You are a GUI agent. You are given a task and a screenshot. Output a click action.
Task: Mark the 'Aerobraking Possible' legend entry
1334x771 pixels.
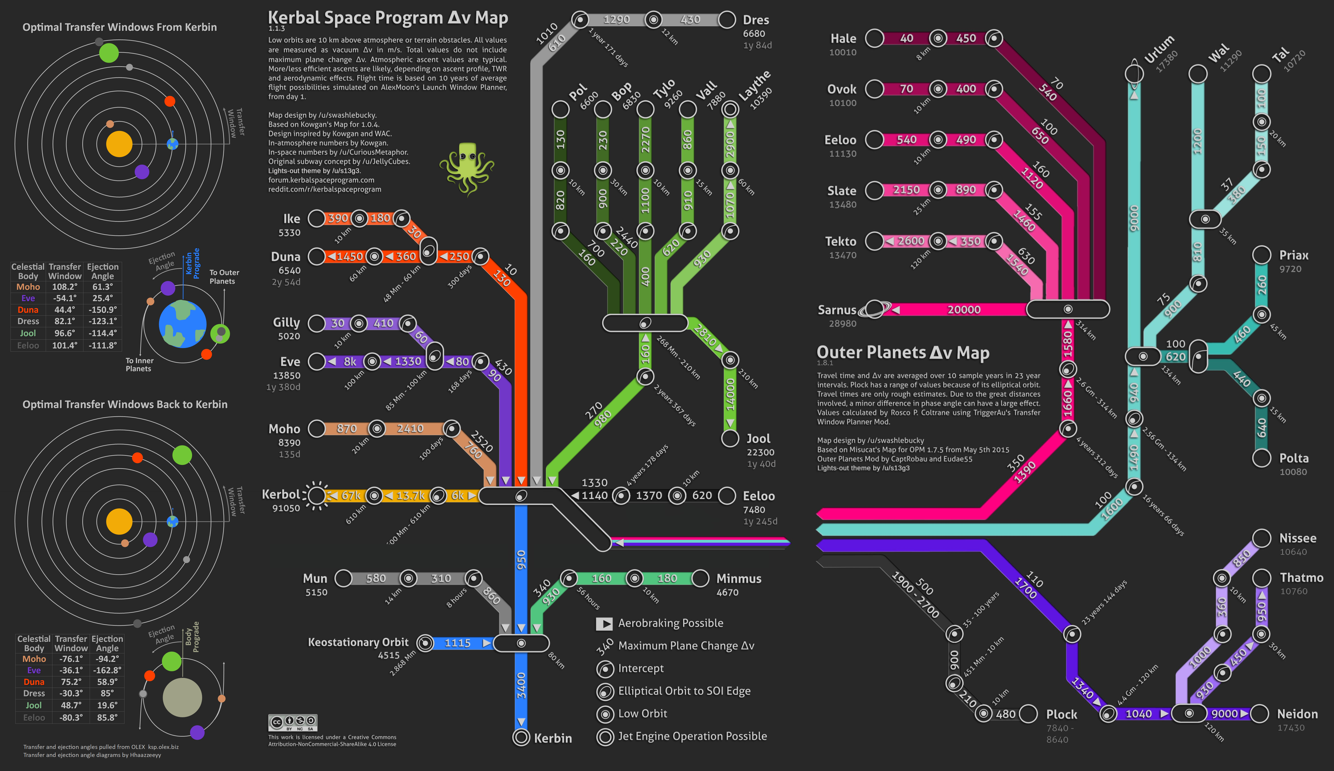tap(670, 623)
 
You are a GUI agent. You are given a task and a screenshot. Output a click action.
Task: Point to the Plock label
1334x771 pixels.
tap(1061, 714)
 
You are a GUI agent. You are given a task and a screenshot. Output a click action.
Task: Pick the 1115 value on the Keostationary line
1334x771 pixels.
tap(457, 643)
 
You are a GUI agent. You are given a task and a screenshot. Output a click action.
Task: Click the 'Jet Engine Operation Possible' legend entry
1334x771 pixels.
tap(692, 736)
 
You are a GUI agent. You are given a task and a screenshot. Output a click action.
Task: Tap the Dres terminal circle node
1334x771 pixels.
tap(727, 20)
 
